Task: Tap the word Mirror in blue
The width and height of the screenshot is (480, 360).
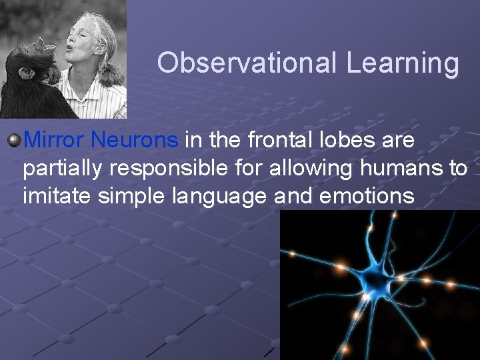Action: point(55,141)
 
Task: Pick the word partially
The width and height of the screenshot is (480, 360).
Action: point(61,169)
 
